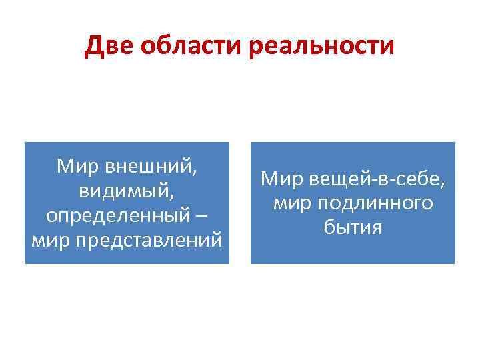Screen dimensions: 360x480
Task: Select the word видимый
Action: (124, 191)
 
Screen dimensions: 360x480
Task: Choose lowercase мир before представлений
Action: (47, 239)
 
